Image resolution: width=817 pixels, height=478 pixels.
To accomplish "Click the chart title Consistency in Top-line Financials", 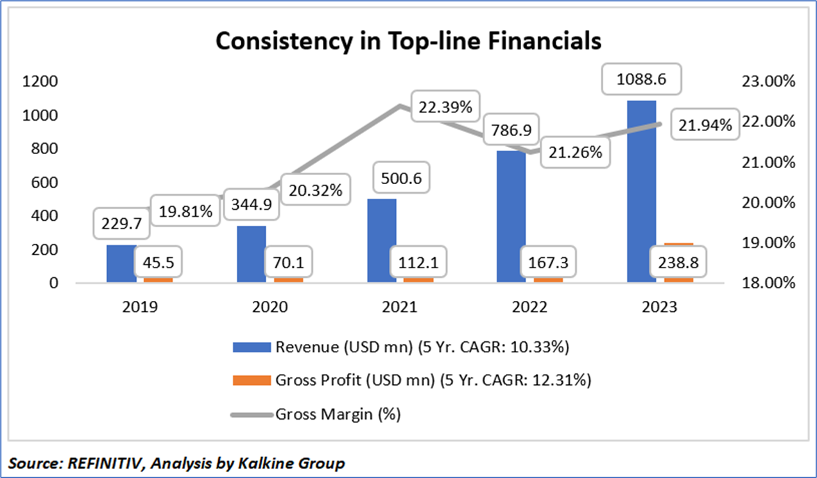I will (408, 40).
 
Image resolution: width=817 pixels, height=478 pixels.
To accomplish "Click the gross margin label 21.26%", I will (574, 152).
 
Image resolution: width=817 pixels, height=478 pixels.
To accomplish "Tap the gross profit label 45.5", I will (158, 262).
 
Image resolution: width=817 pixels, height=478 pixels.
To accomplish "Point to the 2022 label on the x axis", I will (531, 307).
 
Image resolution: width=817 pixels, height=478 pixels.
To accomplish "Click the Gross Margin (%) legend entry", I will (338, 414).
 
